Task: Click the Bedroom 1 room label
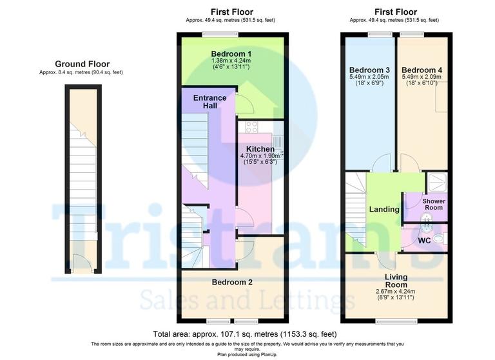click(x=231, y=53)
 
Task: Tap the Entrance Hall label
click(x=210, y=102)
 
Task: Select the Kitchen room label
click(x=260, y=149)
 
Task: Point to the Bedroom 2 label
click(x=232, y=282)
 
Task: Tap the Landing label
click(x=384, y=210)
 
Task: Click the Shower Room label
click(x=433, y=205)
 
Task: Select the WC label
click(x=425, y=241)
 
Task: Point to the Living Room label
click(x=396, y=281)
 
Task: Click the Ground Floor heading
click(x=82, y=64)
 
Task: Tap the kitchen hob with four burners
click(x=250, y=128)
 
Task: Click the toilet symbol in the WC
click(x=438, y=239)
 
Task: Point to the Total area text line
click(x=245, y=334)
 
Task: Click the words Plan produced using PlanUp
click(x=247, y=355)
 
